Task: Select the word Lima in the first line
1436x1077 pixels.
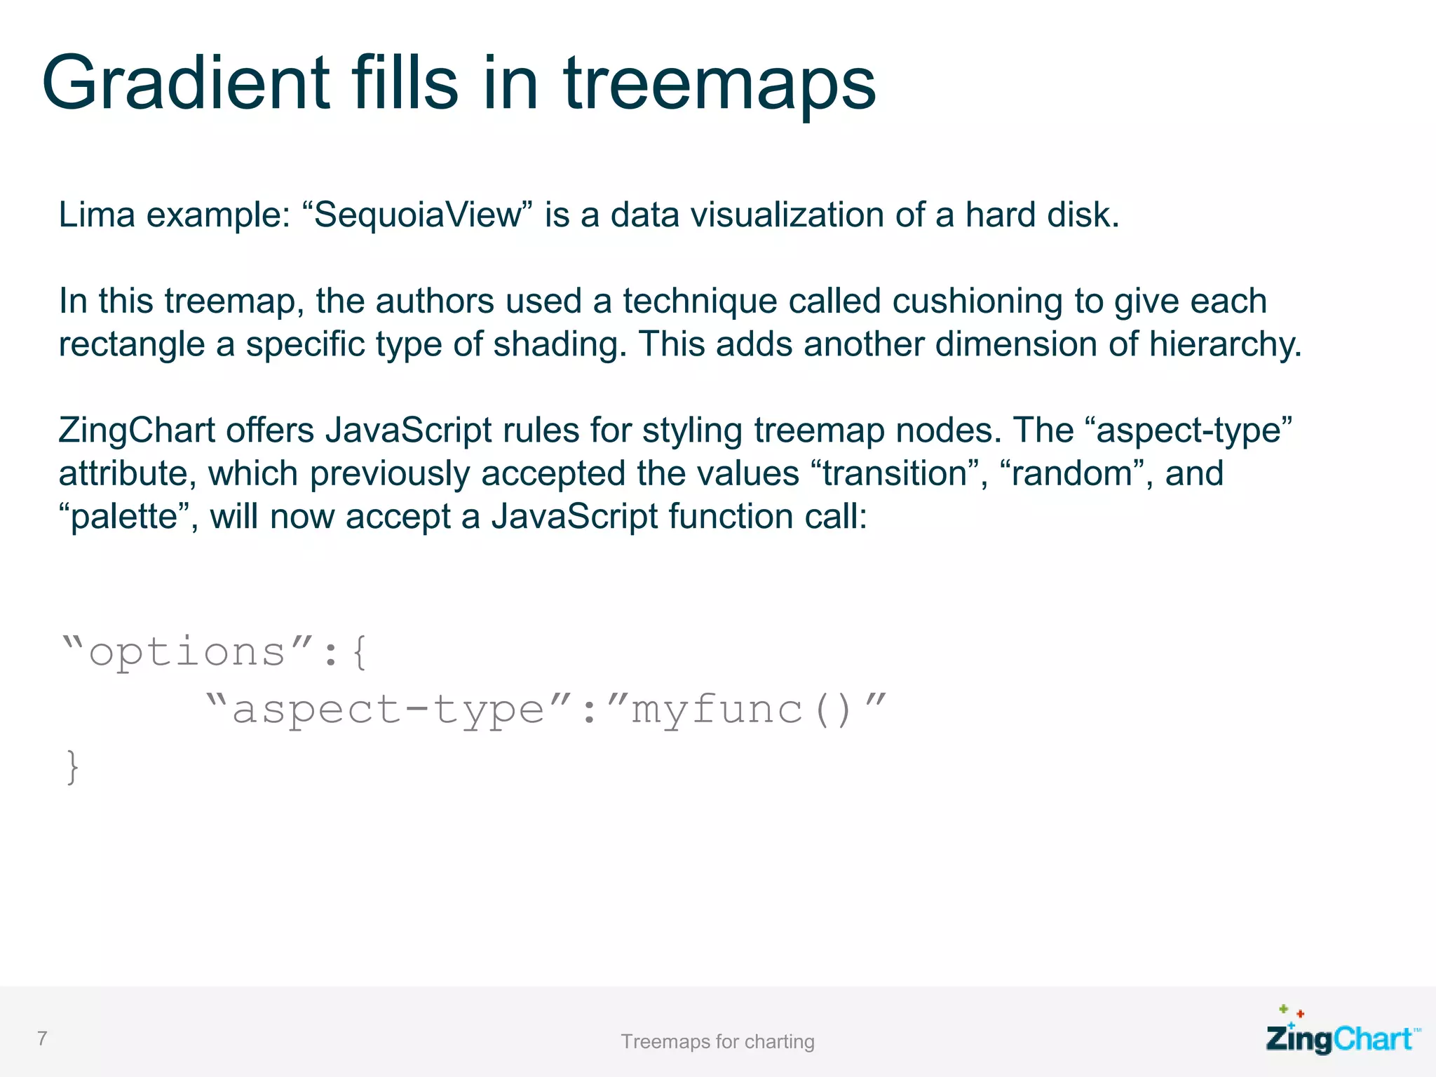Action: [97, 215]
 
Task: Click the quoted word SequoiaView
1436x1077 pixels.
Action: [418, 215]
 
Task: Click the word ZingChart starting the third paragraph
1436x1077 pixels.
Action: [137, 431]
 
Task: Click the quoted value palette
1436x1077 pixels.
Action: [124, 517]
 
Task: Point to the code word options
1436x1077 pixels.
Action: [187, 653]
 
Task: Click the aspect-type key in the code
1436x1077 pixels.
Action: [388, 710]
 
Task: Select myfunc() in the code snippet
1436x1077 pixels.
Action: [743, 710]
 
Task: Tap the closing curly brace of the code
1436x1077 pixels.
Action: [72, 767]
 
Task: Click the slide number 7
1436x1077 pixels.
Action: [43, 1038]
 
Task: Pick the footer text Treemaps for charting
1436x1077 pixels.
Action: [717, 1042]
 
